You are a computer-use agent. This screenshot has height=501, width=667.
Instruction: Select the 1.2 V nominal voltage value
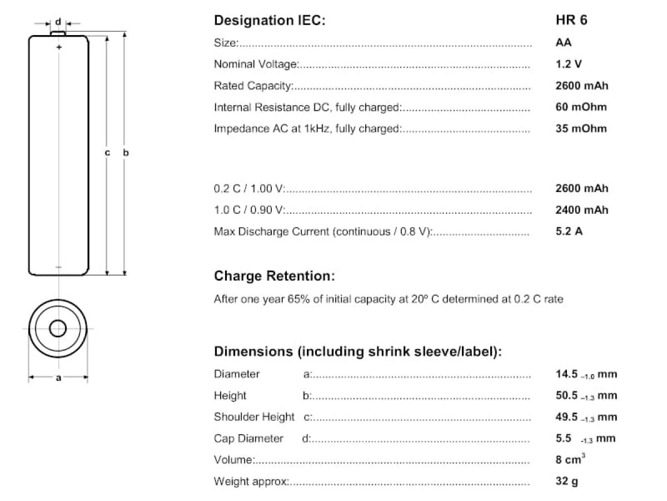pos(569,64)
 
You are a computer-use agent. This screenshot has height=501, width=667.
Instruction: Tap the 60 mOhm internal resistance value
pos(581,107)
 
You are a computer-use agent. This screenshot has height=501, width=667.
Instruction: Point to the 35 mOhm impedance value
pos(581,129)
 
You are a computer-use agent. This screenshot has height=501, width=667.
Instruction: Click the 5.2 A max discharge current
pos(569,232)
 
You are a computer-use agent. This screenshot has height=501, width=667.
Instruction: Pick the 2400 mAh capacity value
pos(581,210)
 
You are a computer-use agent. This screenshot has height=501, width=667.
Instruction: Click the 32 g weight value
pos(566,481)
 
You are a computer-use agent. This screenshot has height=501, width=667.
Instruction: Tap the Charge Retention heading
pos(275,276)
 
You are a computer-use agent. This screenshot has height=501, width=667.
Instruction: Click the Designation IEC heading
pos(270,21)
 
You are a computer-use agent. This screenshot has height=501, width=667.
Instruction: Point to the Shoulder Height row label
pos(254,417)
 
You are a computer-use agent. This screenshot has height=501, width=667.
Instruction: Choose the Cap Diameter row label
pos(248,439)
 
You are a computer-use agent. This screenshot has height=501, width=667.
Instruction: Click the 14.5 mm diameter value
pos(586,374)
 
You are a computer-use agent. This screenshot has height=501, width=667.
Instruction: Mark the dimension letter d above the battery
pos(58,22)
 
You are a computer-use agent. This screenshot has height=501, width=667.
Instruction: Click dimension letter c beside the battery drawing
pos(107,153)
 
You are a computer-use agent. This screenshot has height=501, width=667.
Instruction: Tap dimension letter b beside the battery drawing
pos(126,153)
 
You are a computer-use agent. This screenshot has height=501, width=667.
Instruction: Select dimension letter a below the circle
pos(58,378)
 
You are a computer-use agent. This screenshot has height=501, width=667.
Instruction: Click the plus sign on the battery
pos(58,48)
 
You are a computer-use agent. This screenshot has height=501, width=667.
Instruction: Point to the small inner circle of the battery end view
pos(58,328)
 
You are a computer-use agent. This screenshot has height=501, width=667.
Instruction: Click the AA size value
pos(563,43)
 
